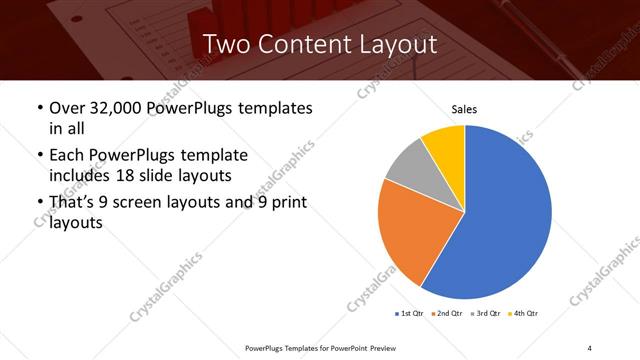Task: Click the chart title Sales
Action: tap(464, 107)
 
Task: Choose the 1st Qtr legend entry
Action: tap(409, 314)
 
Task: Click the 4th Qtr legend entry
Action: tap(524, 314)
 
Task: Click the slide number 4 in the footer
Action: tap(590, 347)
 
